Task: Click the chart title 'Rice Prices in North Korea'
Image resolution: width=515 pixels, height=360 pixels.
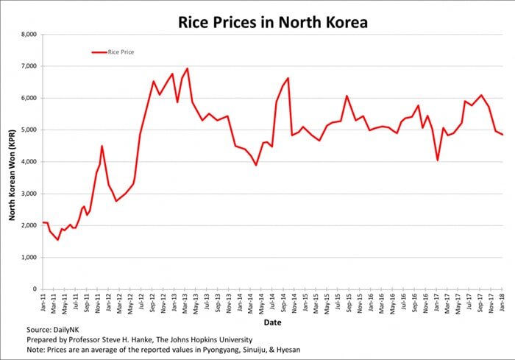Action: coord(272,22)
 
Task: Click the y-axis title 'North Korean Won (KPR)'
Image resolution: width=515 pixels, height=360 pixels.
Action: coord(12,162)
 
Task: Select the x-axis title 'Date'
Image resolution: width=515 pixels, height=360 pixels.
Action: coord(272,322)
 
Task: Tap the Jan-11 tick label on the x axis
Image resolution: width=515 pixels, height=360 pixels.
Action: coord(44,301)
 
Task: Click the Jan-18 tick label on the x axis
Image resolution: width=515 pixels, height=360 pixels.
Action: coord(502,301)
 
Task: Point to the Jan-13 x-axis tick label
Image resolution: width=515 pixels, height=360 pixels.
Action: coord(175,301)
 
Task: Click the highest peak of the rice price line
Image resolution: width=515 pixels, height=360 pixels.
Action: coord(187,68)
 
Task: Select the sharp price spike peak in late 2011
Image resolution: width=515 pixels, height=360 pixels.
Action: coord(102,146)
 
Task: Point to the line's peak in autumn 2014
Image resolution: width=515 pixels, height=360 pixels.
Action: coord(288,78)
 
